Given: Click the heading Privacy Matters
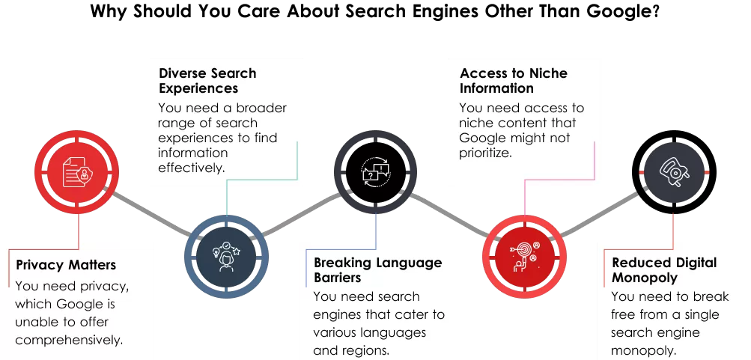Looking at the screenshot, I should tap(66, 265).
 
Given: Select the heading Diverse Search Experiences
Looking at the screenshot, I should tap(207, 81).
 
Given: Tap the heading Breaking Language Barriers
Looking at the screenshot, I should tap(377, 269).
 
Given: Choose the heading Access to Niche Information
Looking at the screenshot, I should tap(514, 80).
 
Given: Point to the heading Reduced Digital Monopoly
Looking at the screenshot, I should tap(664, 269).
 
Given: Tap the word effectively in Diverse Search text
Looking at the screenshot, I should tap(191, 168).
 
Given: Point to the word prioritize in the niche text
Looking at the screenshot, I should tap(485, 153).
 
